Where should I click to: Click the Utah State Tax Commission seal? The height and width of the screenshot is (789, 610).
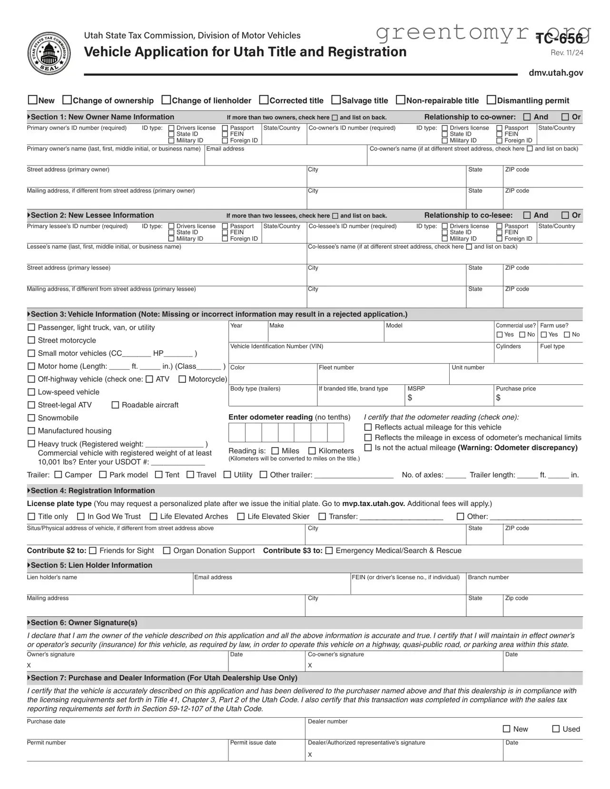[x=49, y=53]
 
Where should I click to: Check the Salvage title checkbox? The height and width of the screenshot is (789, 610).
[x=336, y=100]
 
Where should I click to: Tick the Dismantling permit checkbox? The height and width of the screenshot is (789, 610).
[x=492, y=100]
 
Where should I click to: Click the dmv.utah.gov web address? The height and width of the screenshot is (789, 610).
[x=556, y=73]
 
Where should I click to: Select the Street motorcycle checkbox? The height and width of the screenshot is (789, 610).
[x=31, y=340]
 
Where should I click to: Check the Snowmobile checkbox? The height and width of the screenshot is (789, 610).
[x=31, y=418]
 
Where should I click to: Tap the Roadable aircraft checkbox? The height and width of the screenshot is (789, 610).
[x=115, y=405]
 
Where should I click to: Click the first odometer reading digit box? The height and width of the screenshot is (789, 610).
[x=236, y=433]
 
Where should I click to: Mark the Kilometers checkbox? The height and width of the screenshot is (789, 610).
[x=312, y=451]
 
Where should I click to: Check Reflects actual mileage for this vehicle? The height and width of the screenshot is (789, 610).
[x=368, y=427]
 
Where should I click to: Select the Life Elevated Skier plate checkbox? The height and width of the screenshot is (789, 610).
[x=241, y=516]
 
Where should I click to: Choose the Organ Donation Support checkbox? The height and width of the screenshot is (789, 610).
[x=167, y=550]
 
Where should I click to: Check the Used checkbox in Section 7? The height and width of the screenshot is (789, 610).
[x=556, y=729]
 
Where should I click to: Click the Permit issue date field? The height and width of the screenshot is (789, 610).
[x=266, y=753]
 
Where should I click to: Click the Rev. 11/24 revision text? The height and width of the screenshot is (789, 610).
[x=567, y=53]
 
